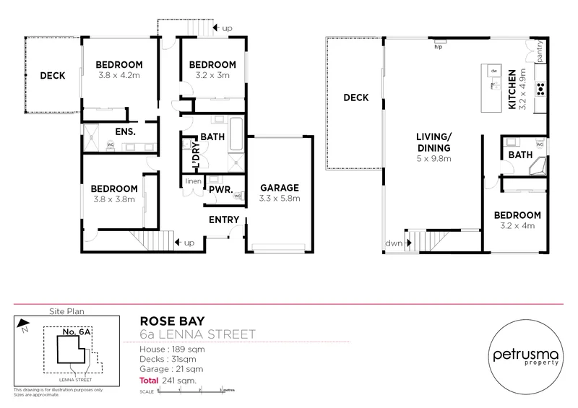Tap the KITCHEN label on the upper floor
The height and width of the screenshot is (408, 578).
[512, 90]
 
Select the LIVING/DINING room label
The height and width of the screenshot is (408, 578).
[433, 141]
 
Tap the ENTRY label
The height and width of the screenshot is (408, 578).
[225, 220]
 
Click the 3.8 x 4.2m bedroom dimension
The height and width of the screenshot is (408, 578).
[118, 74]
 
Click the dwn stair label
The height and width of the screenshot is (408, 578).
[394, 243]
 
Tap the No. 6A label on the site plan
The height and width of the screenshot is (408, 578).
[76, 333]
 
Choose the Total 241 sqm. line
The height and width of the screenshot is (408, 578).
[168, 379]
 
